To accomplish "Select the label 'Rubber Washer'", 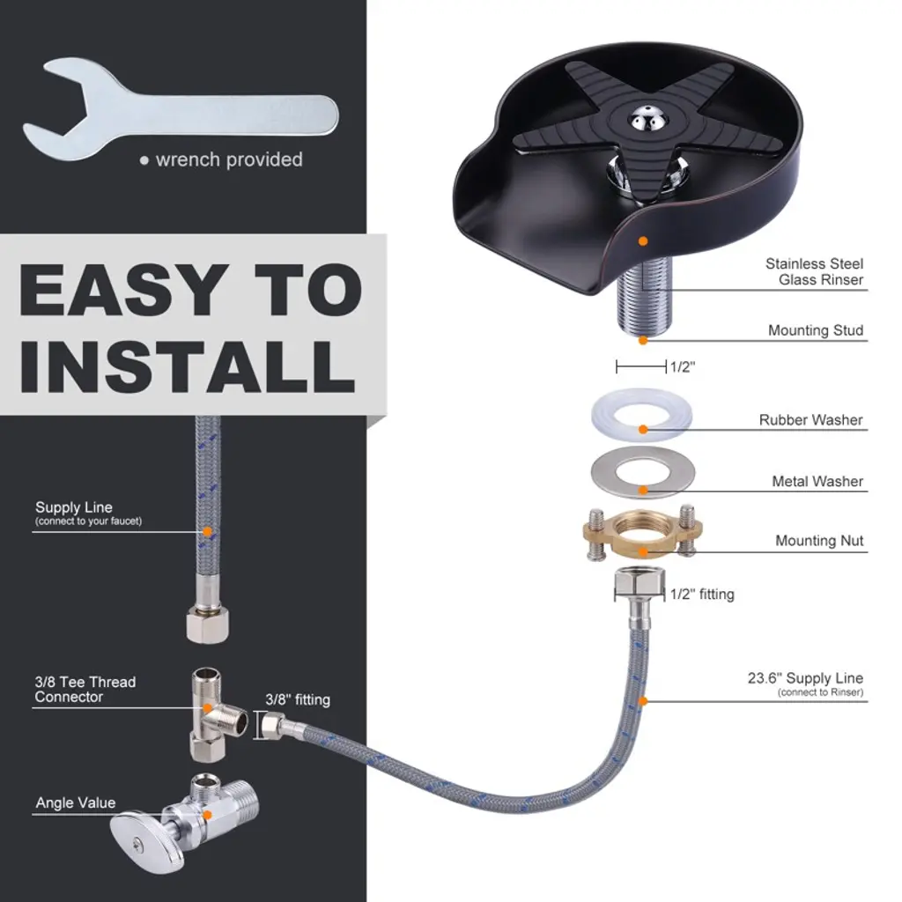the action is pyautogui.click(x=810, y=420).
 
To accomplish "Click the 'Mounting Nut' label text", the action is pyautogui.click(x=819, y=541).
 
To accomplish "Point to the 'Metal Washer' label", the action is pyautogui.click(x=817, y=481).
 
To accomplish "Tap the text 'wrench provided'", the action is pyautogui.click(x=229, y=159).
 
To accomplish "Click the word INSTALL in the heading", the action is pyautogui.click(x=188, y=366).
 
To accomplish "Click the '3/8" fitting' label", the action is pyautogui.click(x=298, y=699).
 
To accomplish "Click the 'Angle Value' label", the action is pyautogui.click(x=76, y=802).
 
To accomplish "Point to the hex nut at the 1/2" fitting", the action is pyautogui.click(x=640, y=583).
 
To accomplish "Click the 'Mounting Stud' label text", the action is pyautogui.click(x=816, y=330).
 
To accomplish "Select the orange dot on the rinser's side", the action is pyautogui.click(x=643, y=241).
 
